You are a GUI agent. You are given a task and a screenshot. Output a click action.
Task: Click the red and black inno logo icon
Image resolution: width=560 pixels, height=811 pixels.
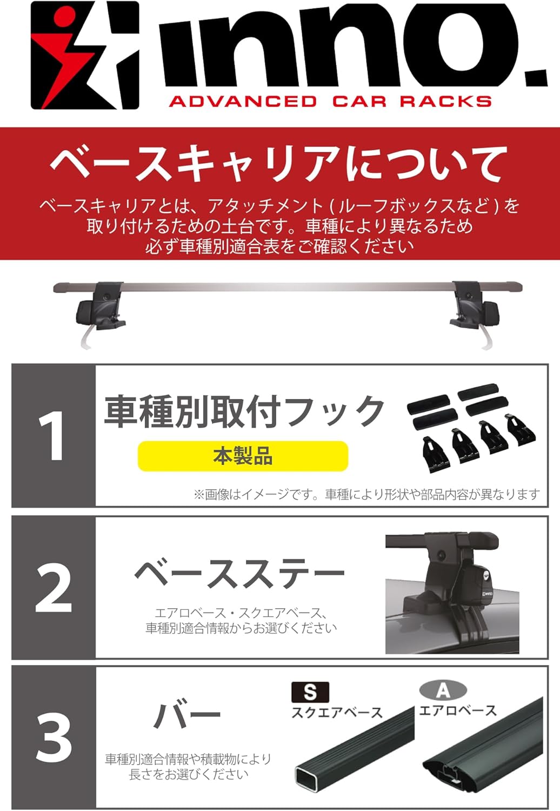coord(85,55)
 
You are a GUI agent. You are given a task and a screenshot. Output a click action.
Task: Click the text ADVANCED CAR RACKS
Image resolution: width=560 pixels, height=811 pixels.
coord(330,102)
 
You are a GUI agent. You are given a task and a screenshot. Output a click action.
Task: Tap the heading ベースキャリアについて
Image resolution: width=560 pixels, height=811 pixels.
coord(279,163)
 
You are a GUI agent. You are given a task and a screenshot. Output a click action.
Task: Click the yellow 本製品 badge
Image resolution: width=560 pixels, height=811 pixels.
coord(243,456)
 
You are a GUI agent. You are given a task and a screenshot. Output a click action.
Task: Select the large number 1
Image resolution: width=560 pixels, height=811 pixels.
coord(53,436)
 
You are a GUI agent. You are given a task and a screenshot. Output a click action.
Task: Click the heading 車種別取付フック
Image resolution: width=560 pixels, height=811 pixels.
coord(244,410)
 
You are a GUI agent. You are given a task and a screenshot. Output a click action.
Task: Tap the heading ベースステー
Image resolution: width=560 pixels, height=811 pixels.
coord(239,574)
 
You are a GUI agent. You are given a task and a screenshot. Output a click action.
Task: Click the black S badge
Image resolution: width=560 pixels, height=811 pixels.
coord(310,692)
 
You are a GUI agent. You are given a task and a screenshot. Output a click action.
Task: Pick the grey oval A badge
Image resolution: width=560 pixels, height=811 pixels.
coord(443,690)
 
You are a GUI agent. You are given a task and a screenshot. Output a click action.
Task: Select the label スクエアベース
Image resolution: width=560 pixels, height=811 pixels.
coord(337,713)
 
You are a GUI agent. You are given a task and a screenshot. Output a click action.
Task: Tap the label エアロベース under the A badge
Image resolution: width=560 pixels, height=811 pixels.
coord(458,711)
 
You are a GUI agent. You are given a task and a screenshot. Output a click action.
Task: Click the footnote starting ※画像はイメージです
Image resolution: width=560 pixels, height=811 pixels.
coord(366,494)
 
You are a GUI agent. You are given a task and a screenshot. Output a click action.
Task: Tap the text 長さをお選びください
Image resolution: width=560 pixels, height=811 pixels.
coord(189,774)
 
